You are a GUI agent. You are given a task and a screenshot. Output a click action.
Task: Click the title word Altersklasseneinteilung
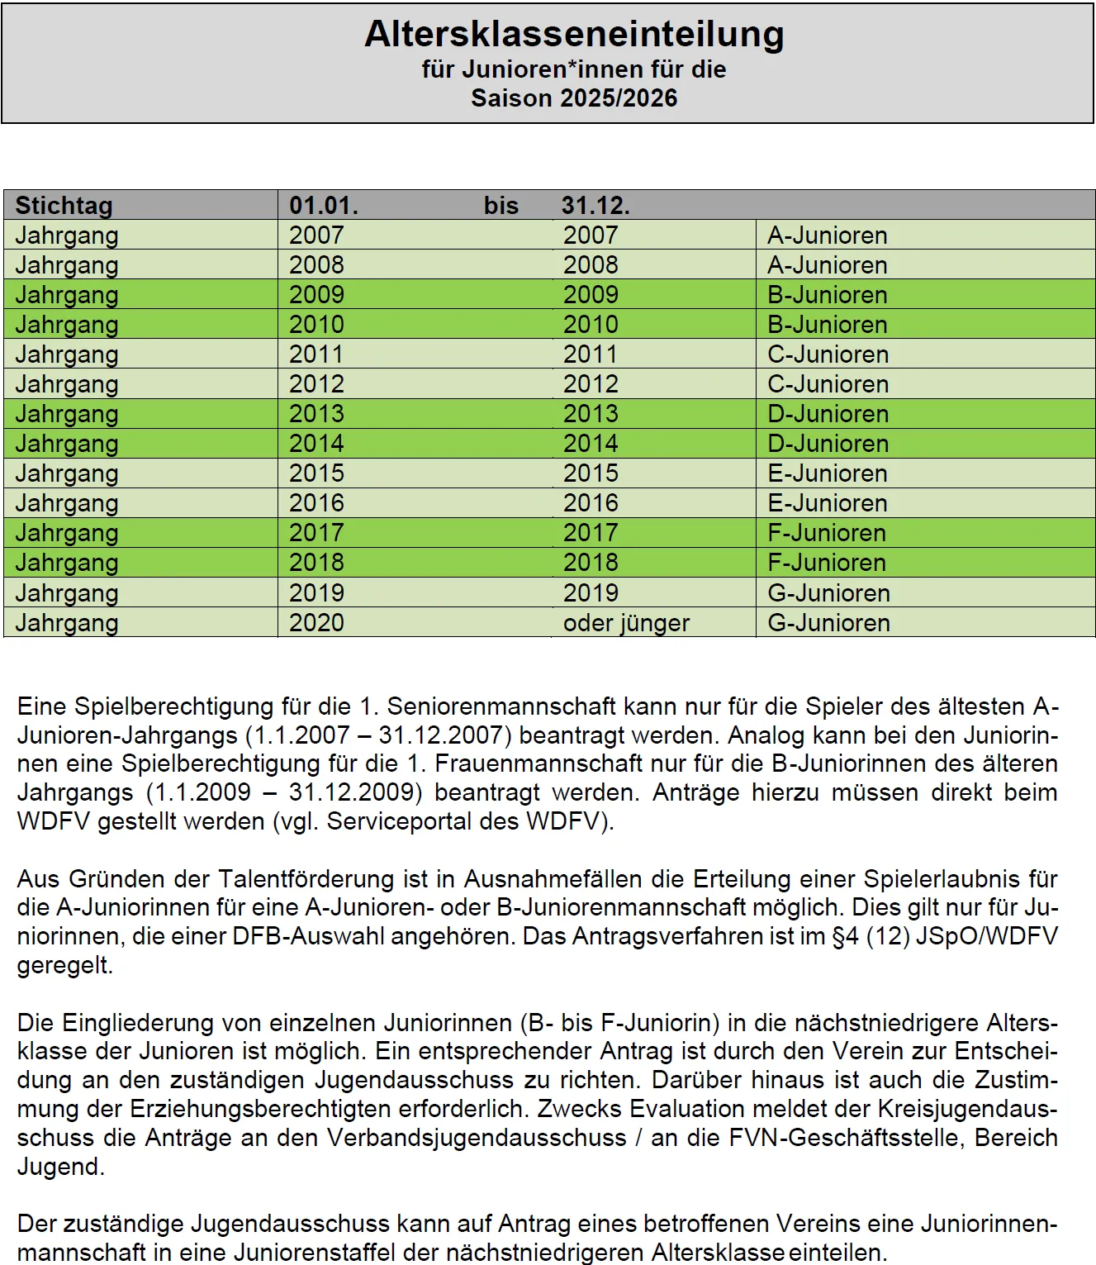[x=574, y=35]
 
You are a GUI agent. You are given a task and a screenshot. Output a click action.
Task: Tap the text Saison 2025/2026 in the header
[x=574, y=98]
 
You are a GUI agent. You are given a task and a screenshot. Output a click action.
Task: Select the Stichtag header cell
[x=64, y=205]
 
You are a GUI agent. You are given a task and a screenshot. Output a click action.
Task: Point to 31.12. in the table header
[x=595, y=205]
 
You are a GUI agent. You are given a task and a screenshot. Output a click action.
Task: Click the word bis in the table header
[x=501, y=205]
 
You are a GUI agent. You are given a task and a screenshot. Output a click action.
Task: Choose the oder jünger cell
[x=626, y=623]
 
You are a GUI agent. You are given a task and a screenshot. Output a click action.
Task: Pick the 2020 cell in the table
[x=316, y=623]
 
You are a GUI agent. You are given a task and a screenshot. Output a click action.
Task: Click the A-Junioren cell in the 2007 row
[x=828, y=235]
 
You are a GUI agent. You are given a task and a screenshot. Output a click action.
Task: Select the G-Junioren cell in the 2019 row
[x=828, y=593]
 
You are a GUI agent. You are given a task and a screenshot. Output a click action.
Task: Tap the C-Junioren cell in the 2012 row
[x=828, y=384]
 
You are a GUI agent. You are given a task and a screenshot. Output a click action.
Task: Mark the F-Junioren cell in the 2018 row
[x=827, y=563]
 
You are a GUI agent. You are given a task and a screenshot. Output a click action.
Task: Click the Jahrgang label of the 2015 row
[x=67, y=473]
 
